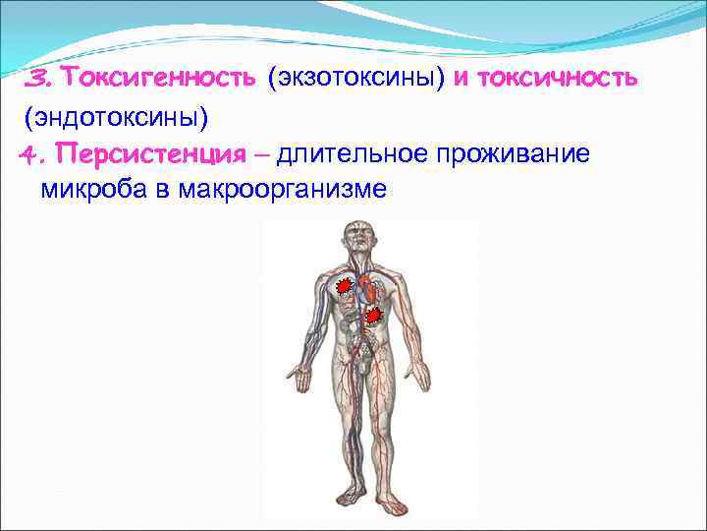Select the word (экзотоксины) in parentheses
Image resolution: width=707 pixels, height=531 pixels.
click(356, 78)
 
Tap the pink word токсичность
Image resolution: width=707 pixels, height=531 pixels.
click(556, 78)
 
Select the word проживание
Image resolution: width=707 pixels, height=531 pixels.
click(517, 153)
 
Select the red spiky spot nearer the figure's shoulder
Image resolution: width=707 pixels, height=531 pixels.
click(343, 287)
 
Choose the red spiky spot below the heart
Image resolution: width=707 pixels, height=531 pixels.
click(373, 316)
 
